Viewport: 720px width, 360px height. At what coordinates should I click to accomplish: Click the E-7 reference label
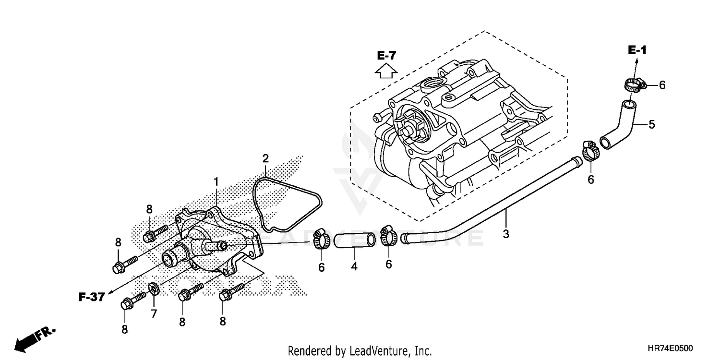tap(386, 56)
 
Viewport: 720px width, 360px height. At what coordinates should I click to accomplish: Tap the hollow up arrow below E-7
tap(386, 71)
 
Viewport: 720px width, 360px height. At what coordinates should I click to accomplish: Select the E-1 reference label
tap(637, 50)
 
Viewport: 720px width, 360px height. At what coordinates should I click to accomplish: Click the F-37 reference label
tap(92, 297)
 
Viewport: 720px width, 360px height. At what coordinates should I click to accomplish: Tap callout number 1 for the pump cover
tap(216, 181)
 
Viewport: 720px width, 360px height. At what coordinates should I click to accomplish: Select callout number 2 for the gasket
tap(265, 158)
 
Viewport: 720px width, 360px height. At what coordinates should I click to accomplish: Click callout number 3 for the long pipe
tap(506, 234)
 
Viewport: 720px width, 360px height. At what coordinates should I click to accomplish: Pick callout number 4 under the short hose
tap(354, 266)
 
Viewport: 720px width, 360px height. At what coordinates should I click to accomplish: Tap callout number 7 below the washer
tap(154, 313)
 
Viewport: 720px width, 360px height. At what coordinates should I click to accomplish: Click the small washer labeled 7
tap(154, 289)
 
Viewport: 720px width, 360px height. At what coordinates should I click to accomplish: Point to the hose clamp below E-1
tap(634, 86)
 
